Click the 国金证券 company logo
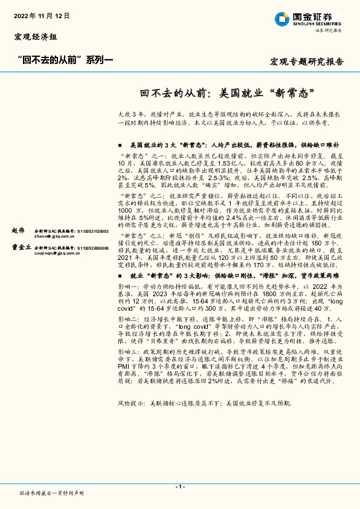309,19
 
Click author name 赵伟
19,231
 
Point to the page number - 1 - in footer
180,487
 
